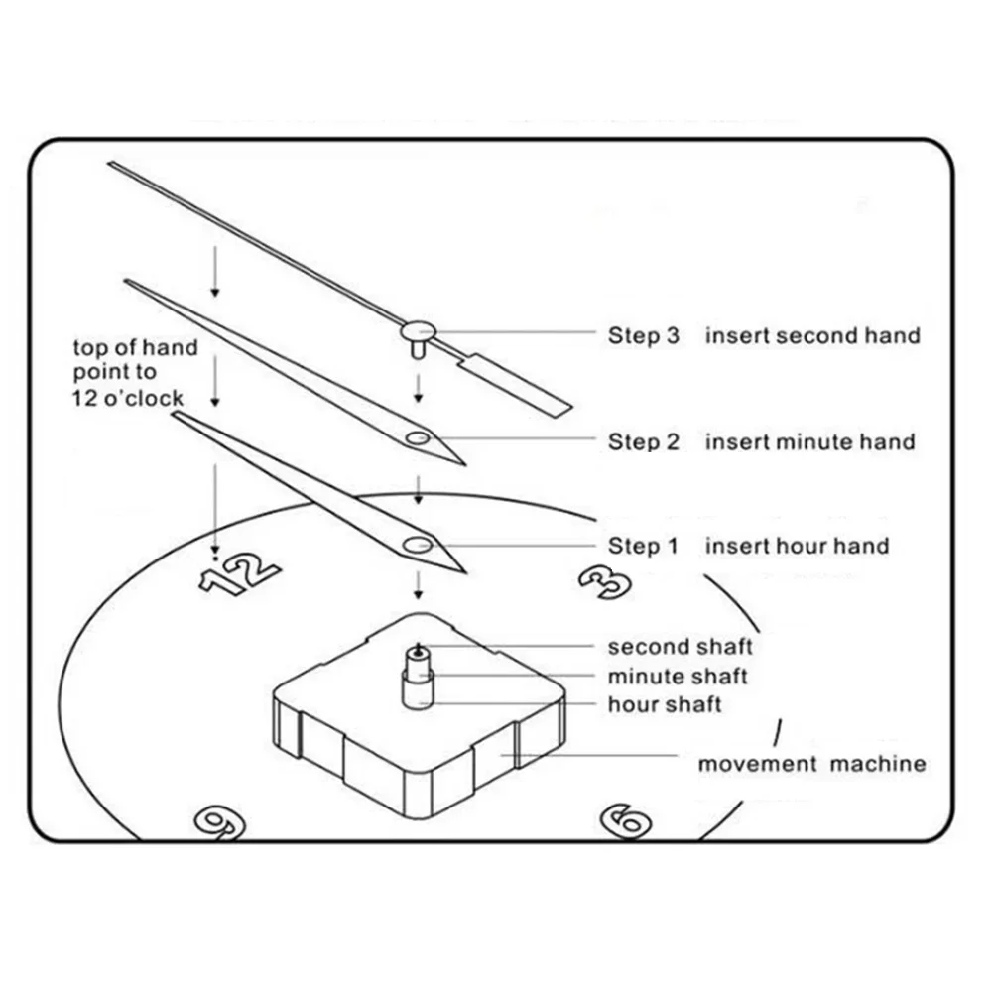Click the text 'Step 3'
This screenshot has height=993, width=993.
[x=644, y=336]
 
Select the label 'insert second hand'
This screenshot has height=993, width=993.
[x=812, y=336]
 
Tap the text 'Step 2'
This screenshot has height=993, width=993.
[x=644, y=441]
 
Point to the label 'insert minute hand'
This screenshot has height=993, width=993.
[x=809, y=441]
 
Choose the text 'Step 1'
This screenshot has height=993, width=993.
[x=644, y=546]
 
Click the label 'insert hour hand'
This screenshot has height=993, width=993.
[x=797, y=546]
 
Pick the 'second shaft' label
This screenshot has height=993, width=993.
[x=680, y=647]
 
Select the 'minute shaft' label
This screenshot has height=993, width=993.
[x=678, y=677]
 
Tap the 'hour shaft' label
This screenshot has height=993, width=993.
[x=665, y=705]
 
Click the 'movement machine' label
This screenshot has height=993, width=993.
[x=811, y=764]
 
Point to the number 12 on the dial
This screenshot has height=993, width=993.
[x=238, y=573]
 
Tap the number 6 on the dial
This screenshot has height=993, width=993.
[x=628, y=819]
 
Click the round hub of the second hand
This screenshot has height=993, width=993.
[x=418, y=328]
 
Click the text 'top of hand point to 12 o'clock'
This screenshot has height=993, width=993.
[x=135, y=373]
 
